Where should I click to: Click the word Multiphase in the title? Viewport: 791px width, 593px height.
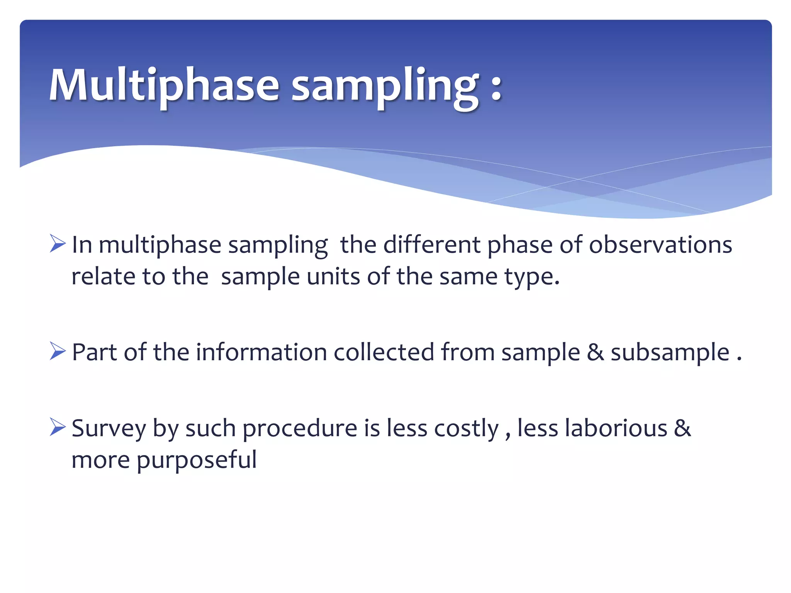pyautogui.click(x=164, y=85)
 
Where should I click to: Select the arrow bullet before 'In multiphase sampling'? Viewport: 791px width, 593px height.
pyautogui.click(x=58, y=244)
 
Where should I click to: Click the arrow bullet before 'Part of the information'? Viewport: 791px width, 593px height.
pyautogui.click(x=58, y=352)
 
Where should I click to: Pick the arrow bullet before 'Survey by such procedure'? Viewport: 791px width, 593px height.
pyautogui.click(x=58, y=428)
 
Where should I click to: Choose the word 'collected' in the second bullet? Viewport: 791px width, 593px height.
pyautogui.click(x=384, y=352)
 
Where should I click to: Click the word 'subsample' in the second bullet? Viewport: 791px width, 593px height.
pyautogui.click(x=670, y=353)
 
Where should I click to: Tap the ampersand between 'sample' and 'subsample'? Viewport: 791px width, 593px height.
pyautogui.click(x=595, y=352)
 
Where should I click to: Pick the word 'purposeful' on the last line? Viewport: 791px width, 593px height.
pyautogui.click(x=197, y=461)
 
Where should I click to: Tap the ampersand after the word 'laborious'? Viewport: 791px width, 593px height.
pyautogui.click(x=682, y=428)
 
